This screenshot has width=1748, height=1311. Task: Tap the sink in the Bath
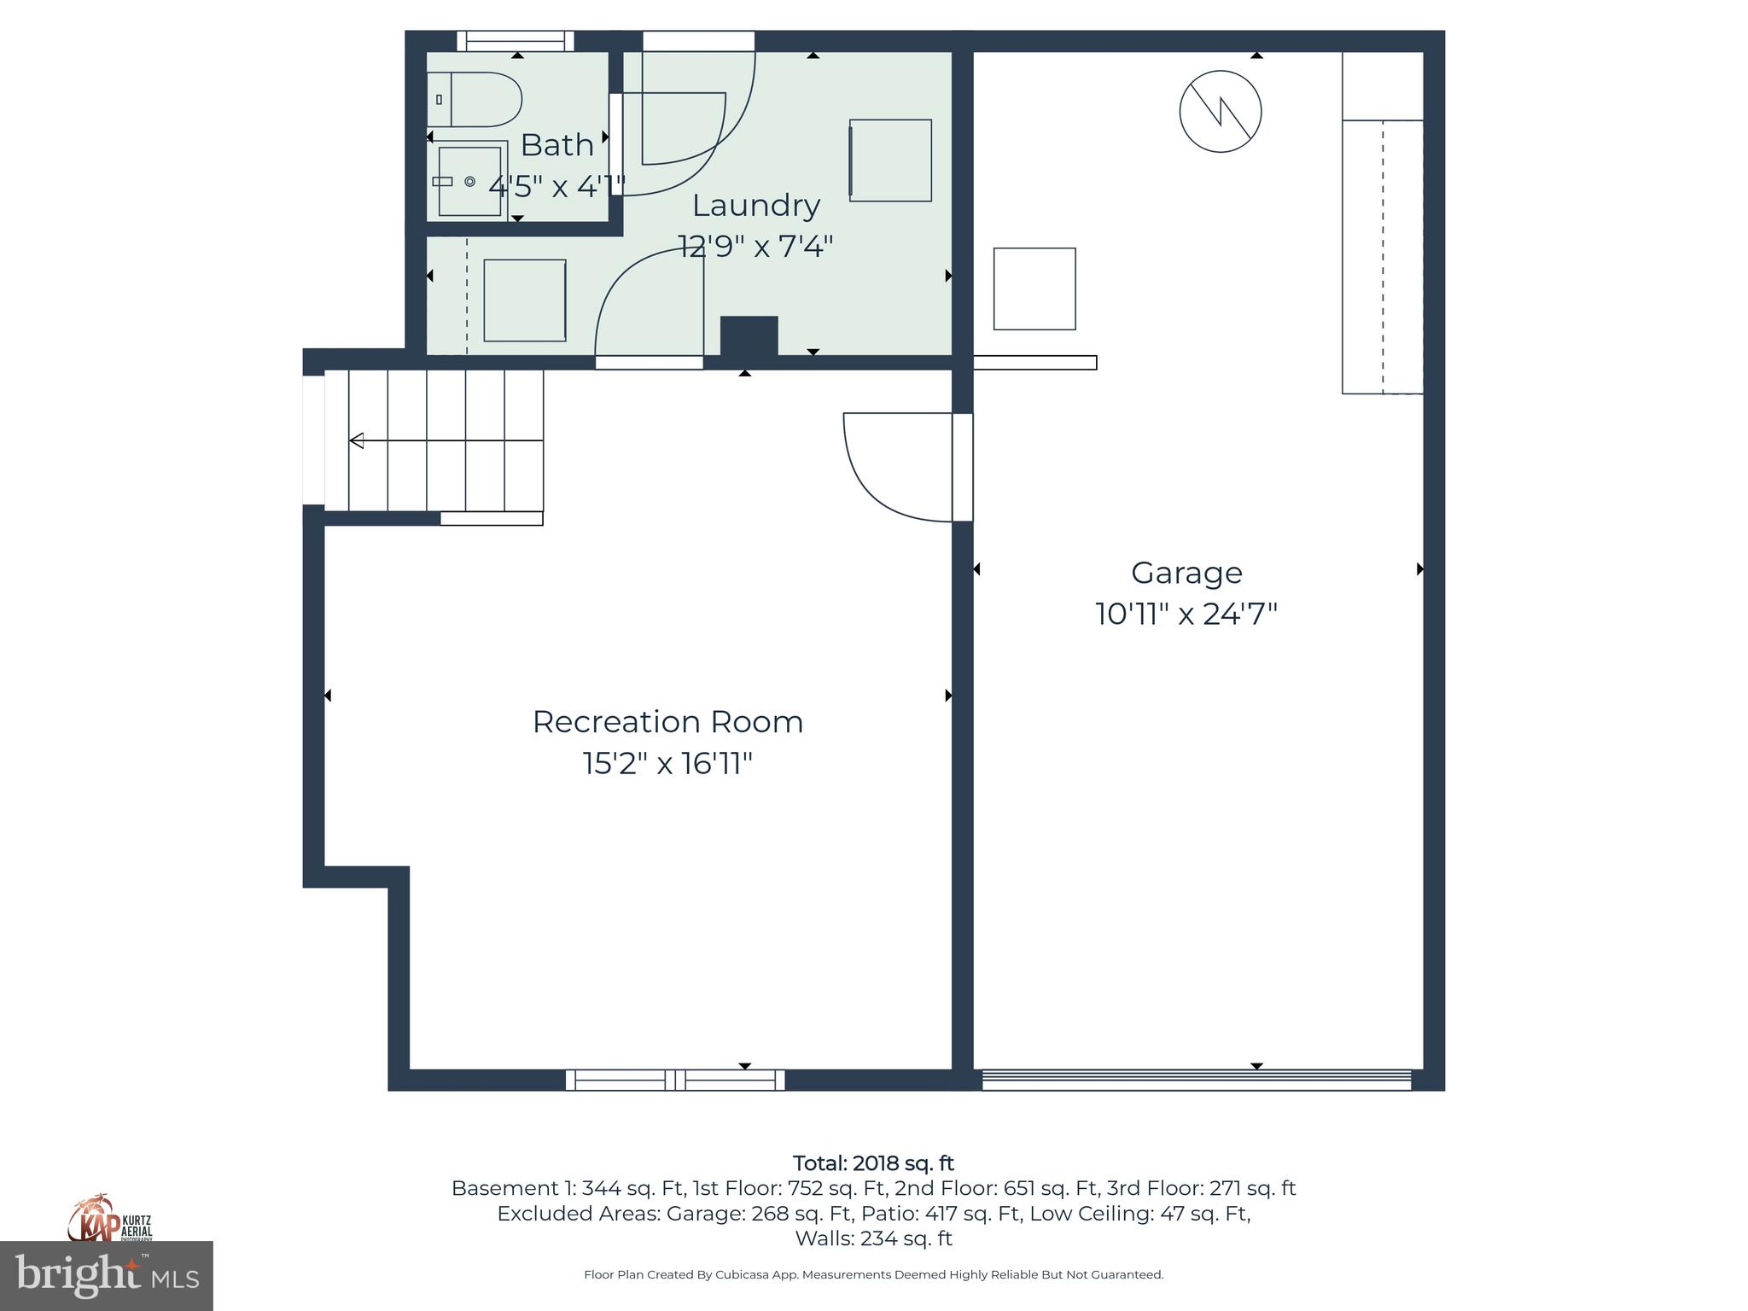click(469, 181)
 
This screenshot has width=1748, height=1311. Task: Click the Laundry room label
click(755, 206)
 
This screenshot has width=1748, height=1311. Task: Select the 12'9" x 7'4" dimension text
click(755, 247)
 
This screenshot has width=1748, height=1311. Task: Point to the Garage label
click(1186, 573)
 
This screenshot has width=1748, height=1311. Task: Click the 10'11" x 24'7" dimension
click(1186, 614)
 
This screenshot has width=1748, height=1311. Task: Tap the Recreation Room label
click(667, 722)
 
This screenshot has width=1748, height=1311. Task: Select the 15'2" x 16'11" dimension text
click(667, 763)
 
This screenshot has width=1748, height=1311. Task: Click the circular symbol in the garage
click(1221, 112)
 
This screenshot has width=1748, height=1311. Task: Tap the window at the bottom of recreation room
click(675, 1080)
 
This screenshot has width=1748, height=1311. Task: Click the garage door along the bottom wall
click(1197, 1080)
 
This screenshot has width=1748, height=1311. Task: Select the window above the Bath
click(515, 41)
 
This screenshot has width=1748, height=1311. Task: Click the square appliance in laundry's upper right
click(890, 160)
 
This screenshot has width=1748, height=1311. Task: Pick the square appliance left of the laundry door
click(524, 300)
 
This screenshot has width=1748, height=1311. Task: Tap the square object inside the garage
click(1034, 289)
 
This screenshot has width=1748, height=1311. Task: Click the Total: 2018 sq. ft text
click(873, 1163)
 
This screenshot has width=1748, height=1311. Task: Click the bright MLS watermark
click(106, 1276)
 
